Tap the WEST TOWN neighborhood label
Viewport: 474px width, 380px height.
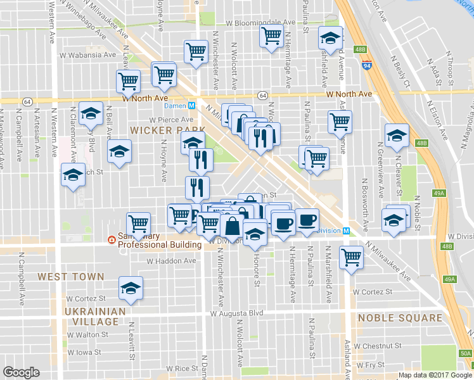[x=70, y=277]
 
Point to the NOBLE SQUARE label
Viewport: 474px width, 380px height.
[x=399, y=318]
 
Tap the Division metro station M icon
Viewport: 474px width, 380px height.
[x=346, y=231]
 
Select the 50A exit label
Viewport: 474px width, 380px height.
[x=465, y=354]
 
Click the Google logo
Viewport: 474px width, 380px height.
[x=21, y=372]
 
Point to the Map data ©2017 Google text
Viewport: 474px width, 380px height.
[x=435, y=375]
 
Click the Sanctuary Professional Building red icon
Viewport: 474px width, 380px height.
[x=112, y=239]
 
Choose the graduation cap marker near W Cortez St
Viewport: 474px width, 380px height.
[x=131, y=288]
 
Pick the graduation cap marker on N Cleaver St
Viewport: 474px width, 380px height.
[x=397, y=136]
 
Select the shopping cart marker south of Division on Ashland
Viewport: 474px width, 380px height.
[x=351, y=257]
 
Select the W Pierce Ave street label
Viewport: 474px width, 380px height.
[x=171, y=119]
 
